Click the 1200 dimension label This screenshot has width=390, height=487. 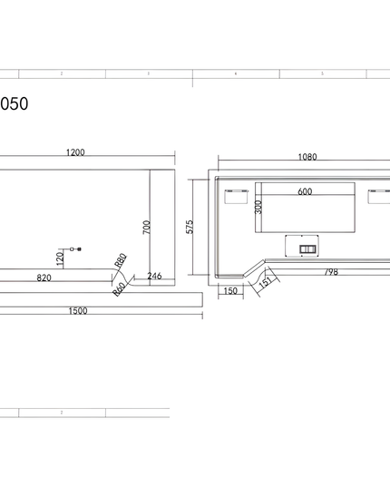[x=75, y=152]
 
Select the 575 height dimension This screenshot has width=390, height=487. [x=190, y=226]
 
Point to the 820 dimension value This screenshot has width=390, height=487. [x=44, y=278]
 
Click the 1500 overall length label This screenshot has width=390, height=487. [x=78, y=311]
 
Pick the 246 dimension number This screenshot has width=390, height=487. [x=154, y=277]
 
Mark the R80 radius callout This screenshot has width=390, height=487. [x=120, y=262]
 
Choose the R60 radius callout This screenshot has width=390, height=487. [x=119, y=289]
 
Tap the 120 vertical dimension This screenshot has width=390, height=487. [x=60, y=259]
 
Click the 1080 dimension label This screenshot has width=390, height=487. [x=307, y=157]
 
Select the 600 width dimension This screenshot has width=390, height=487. [x=304, y=191]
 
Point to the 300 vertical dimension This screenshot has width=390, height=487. [x=258, y=207]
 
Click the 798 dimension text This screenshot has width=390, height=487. [x=332, y=272]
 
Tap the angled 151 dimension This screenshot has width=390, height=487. [x=264, y=281]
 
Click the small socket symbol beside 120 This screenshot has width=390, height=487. [x=76, y=248]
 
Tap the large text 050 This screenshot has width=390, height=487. [x=15, y=104]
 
